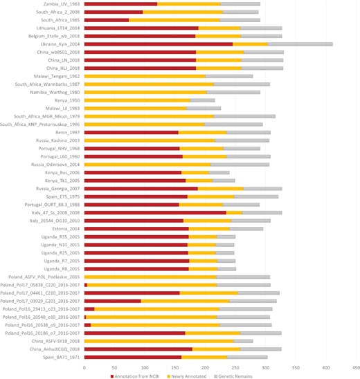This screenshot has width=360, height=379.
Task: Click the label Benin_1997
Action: (68, 132)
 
